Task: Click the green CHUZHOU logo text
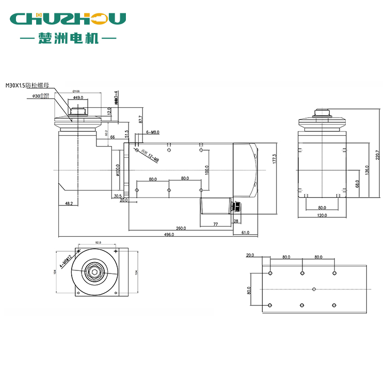(x=68, y=19)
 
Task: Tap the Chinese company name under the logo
(x=68, y=38)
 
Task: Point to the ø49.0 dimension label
(x=78, y=97)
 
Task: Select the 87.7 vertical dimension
(x=141, y=120)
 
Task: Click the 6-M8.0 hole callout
(x=153, y=133)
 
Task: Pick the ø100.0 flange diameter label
(x=118, y=170)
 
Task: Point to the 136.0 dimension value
(x=367, y=170)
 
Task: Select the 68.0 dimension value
(x=357, y=183)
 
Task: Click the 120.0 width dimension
(x=322, y=215)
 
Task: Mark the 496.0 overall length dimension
(x=169, y=234)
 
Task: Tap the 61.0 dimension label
(x=245, y=233)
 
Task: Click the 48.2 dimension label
(x=69, y=203)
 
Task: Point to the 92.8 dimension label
(x=98, y=242)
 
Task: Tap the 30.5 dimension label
(x=118, y=196)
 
